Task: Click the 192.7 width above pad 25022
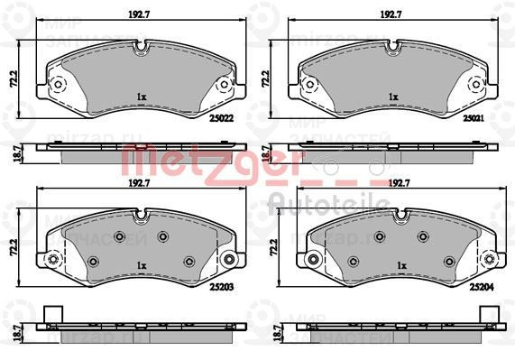137,14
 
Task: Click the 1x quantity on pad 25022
142,96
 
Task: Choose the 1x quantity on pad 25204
393,266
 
